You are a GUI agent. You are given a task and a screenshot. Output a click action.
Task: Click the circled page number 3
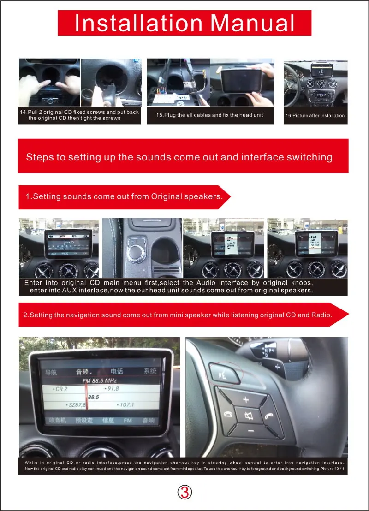184,493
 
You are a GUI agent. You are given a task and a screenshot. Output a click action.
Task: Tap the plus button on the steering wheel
246,399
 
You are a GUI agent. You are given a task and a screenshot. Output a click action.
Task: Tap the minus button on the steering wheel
250,430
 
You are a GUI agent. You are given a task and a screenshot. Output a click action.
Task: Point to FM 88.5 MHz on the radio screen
99,381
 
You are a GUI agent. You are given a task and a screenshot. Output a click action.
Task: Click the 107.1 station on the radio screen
126,405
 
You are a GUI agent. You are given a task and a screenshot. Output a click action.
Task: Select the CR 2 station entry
61,389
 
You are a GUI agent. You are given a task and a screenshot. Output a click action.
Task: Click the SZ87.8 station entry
77,405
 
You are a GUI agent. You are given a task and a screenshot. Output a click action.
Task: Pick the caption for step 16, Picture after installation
315,116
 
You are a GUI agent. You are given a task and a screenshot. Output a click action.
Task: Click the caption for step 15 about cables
210,115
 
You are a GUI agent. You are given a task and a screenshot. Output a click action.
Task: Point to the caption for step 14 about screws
79,115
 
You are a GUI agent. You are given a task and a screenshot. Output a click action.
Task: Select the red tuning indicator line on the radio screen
86,397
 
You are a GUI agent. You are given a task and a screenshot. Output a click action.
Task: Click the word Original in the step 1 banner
167,196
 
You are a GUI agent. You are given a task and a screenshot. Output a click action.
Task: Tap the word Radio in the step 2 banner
322,315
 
